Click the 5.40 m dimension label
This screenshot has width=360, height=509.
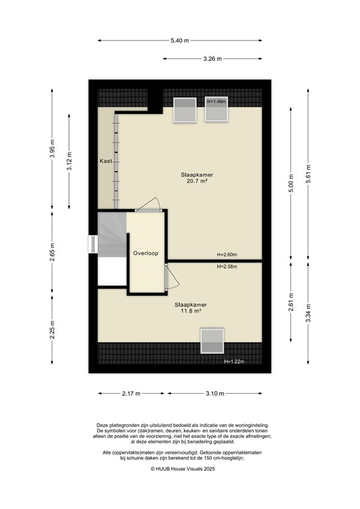pyautogui.click(x=180, y=41)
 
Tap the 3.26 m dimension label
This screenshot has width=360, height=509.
pyautogui.click(x=212, y=59)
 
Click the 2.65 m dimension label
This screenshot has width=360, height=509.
pyautogui.click(x=52, y=254)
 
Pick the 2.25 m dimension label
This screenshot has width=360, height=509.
pyautogui.click(x=52, y=329)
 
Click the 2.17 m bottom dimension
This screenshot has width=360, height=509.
pyautogui.click(x=131, y=394)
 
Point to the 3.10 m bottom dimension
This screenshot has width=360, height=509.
pyautogui.click(x=214, y=394)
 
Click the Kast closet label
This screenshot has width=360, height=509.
pyautogui.click(x=105, y=161)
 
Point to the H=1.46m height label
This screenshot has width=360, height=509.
pyautogui.click(x=217, y=102)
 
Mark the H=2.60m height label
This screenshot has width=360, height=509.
pyautogui.click(x=227, y=255)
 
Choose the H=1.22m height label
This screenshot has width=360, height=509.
pyautogui.click(x=235, y=362)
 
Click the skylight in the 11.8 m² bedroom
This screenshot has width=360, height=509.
pyautogui.click(x=213, y=341)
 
